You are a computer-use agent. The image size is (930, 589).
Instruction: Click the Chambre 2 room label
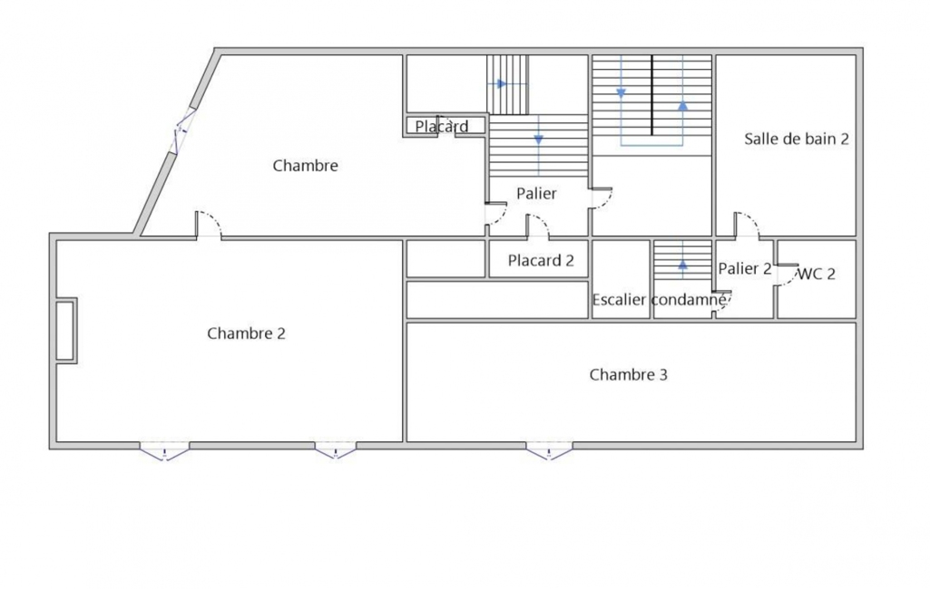click(x=246, y=333)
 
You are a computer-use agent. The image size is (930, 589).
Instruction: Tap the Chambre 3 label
click(x=628, y=374)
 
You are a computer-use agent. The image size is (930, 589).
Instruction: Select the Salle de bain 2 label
click(x=796, y=139)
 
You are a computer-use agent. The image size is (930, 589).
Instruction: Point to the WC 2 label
click(x=817, y=274)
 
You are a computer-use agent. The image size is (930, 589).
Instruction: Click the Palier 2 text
click(x=745, y=268)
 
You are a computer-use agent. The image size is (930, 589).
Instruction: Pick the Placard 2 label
click(x=541, y=260)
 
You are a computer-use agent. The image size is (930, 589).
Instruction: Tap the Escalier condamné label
click(x=659, y=299)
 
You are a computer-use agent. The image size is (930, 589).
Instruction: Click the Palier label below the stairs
click(x=537, y=193)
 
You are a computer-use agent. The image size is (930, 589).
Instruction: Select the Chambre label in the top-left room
click(x=306, y=165)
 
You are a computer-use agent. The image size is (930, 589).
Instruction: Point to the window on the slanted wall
click(x=183, y=131)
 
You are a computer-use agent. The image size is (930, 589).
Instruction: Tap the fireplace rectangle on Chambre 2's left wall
click(x=66, y=330)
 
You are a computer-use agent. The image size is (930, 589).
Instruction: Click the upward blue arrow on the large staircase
click(x=682, y=105)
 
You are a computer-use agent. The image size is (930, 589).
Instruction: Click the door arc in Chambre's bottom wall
click(x=209, y=224)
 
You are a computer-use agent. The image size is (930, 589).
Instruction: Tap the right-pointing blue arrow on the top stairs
click(x=502, y=84)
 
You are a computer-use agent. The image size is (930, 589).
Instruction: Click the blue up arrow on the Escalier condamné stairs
click(x=682, y=265)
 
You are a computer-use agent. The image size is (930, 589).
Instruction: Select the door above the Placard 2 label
click(x=537, y=227)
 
